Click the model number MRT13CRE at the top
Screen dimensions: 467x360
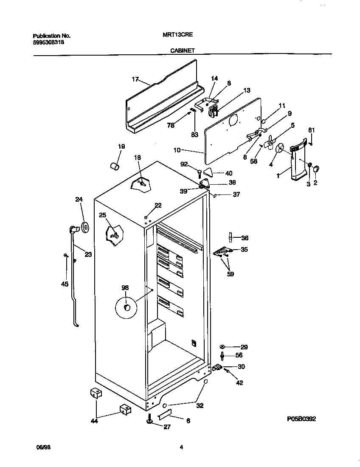[175, 36]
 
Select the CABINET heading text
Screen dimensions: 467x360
[183, 50]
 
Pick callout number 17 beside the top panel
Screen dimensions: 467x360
[135, 79]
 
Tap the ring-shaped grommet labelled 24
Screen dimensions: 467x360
[84, 227]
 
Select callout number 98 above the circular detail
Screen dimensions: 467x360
[125, 287]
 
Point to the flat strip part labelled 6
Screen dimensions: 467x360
[164, 414]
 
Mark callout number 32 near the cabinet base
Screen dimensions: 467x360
[200, 405]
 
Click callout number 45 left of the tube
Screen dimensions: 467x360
[65, 284]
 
